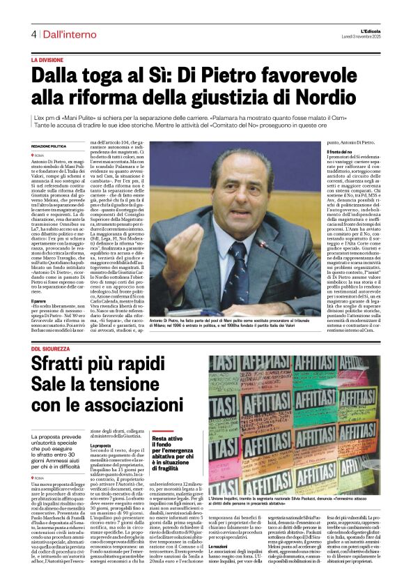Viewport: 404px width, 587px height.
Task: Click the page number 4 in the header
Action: click(x=33, y=33)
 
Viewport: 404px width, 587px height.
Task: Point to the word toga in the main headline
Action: click(x=104, y=76)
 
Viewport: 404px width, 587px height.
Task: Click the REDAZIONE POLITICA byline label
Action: click(x=49, y=146)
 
